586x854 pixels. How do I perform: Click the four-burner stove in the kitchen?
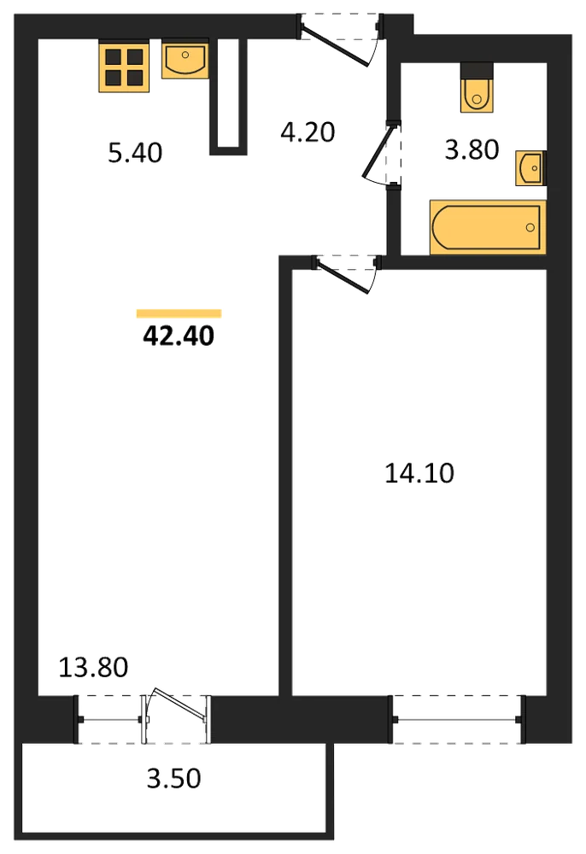tap(124, 67)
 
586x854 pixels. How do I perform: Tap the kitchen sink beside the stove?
tap(185, 59)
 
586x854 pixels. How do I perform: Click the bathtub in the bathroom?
tap(488, 228)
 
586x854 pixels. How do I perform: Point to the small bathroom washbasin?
tap(530, 168)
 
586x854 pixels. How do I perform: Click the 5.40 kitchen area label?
tap(135, 153)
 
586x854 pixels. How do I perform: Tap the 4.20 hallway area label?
tap(308, 132)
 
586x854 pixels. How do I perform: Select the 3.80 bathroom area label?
tap(472, 149)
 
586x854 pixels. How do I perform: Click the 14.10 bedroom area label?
tap(419, 473)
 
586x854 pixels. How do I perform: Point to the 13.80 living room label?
tap(93, 667)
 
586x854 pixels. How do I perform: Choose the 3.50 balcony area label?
tap(173, 779)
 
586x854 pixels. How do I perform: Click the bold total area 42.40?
tap(179, 336)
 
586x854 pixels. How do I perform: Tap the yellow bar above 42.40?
tap(179, 313)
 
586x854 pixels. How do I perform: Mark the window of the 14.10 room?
tap(458, 719)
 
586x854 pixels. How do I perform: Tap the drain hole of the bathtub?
tap(530, 228)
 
